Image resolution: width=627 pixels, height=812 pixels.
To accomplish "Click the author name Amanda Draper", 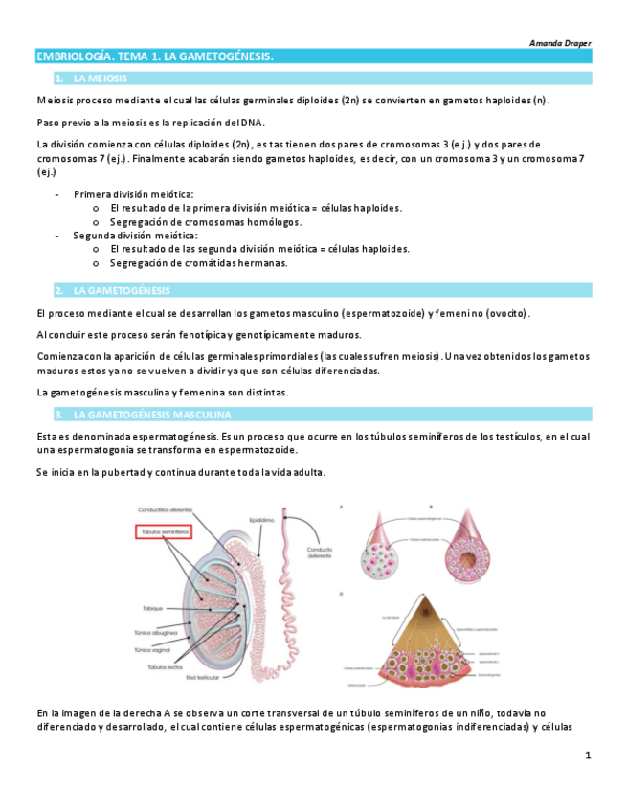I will click(x=561, y=43).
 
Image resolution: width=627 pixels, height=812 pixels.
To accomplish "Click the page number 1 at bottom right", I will click(x=588, y=756).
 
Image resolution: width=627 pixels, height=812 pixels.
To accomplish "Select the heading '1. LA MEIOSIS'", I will click(x=100, y=78).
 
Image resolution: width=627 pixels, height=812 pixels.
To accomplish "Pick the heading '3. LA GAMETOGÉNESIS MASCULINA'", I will click(x=151, y=415).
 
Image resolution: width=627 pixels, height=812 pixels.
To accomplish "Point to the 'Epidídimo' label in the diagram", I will click(x=262, y=520).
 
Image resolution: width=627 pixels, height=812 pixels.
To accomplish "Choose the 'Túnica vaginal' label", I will click(x=158, y=649).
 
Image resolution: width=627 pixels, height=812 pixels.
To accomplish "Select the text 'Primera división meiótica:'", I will click(x=133, y=193).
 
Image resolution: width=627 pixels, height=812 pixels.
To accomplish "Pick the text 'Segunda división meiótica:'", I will click(x=135, y=235).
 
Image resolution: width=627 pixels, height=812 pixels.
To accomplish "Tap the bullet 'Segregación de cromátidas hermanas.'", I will click(x=198, y=262).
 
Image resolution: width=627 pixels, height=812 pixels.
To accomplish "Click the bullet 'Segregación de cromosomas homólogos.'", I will click(x=205, y=221).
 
